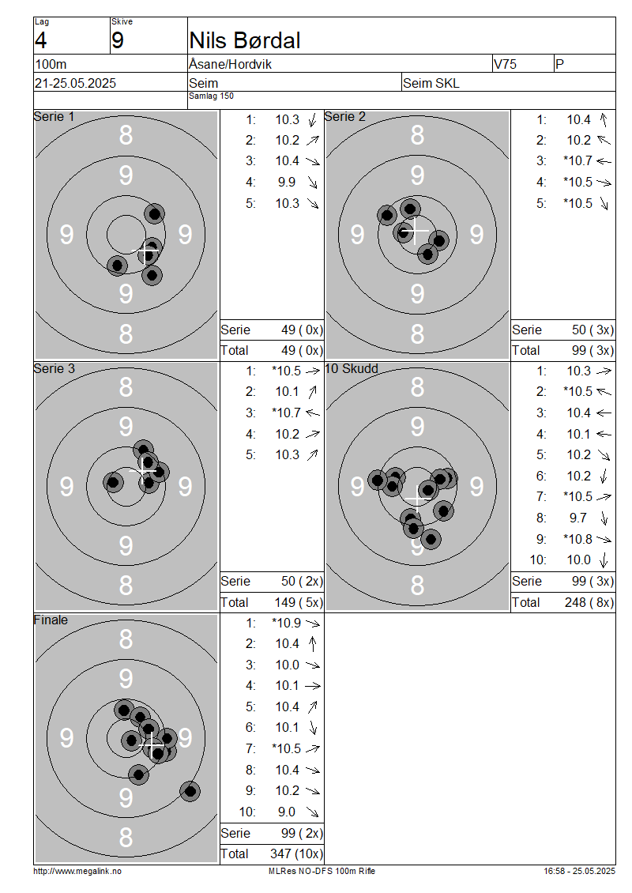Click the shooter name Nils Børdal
(x=244, y=40)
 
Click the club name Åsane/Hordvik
(x=230, y=64)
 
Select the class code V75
(x=505, y=64)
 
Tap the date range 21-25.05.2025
(x=75, y=83)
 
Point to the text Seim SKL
(x=431, y=83)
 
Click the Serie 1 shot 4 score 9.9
(x=287, y=183)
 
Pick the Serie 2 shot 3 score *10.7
(x=577, y=161)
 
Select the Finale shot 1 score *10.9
(x=287, y=623)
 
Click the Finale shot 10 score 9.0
(x=287, y=812)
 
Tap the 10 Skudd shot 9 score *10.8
(x=577, y=539)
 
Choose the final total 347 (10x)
(x=296, y=854)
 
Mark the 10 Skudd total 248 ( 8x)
(x=589, y=602)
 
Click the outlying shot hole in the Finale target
(x=190, y=791)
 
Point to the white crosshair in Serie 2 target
(x=416, y=230)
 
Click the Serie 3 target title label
(x=54, y=368)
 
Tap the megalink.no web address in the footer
(x=77, y=871)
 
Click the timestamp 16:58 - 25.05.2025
(x=579, y=871)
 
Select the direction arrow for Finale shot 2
(x=313, y=644)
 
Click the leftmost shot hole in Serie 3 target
(x=113, y=482)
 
